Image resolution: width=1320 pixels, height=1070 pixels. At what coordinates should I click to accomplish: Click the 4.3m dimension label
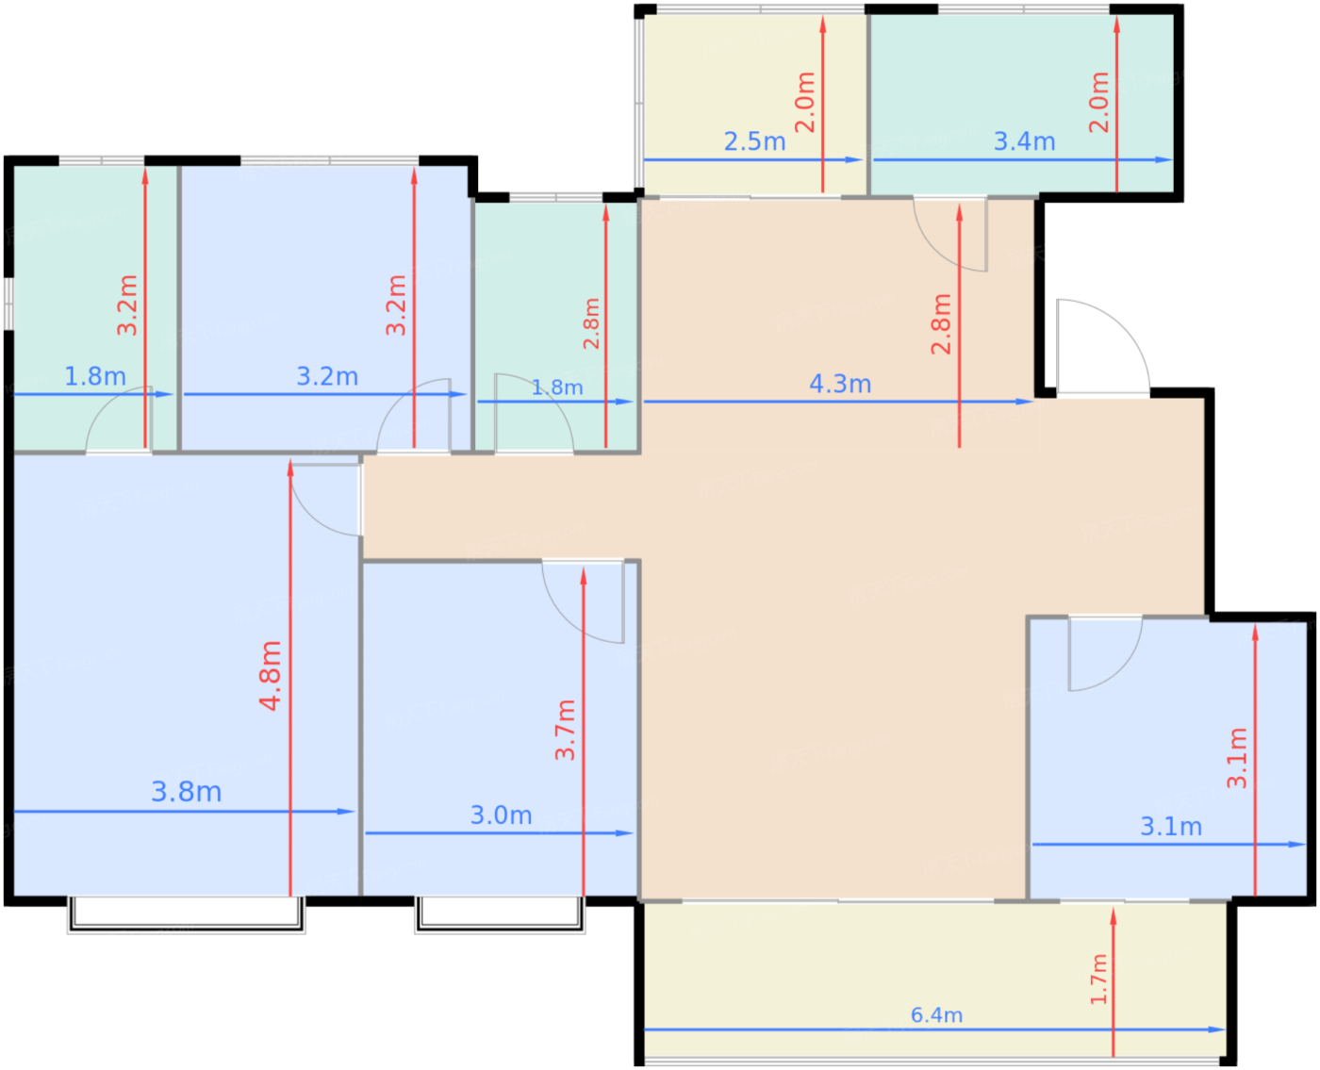tap(840, 385)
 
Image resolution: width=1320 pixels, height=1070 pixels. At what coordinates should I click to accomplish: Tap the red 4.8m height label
tap(271, 675)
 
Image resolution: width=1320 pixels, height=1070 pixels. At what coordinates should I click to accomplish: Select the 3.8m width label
tap(187, 792)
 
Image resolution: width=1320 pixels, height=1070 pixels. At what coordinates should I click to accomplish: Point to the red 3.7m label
tap(565, 730)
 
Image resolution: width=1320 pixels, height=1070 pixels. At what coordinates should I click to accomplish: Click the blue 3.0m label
tap(501, 815)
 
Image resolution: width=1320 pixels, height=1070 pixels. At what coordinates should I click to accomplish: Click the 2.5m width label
tap(755, 142)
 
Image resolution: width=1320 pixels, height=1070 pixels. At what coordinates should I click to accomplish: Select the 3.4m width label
tap(1024, 142)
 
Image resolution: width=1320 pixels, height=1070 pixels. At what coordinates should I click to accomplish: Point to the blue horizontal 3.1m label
tap(1171, 827)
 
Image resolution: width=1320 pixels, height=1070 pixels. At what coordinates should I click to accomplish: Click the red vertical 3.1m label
tap(1237, 758)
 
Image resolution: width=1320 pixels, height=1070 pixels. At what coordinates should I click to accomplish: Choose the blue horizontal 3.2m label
tap(327, 377)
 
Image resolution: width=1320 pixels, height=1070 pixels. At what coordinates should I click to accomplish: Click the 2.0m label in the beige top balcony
tap(805, 102)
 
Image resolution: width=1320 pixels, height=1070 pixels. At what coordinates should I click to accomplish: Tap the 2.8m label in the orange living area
tap(941, 324)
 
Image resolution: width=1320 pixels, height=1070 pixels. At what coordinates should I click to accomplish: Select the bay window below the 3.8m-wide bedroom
tap(187, 914)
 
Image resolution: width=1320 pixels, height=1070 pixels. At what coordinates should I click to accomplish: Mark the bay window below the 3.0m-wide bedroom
tap(500, 914)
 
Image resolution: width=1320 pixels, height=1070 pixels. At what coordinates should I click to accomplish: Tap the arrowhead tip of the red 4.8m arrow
tap(290, 460)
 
